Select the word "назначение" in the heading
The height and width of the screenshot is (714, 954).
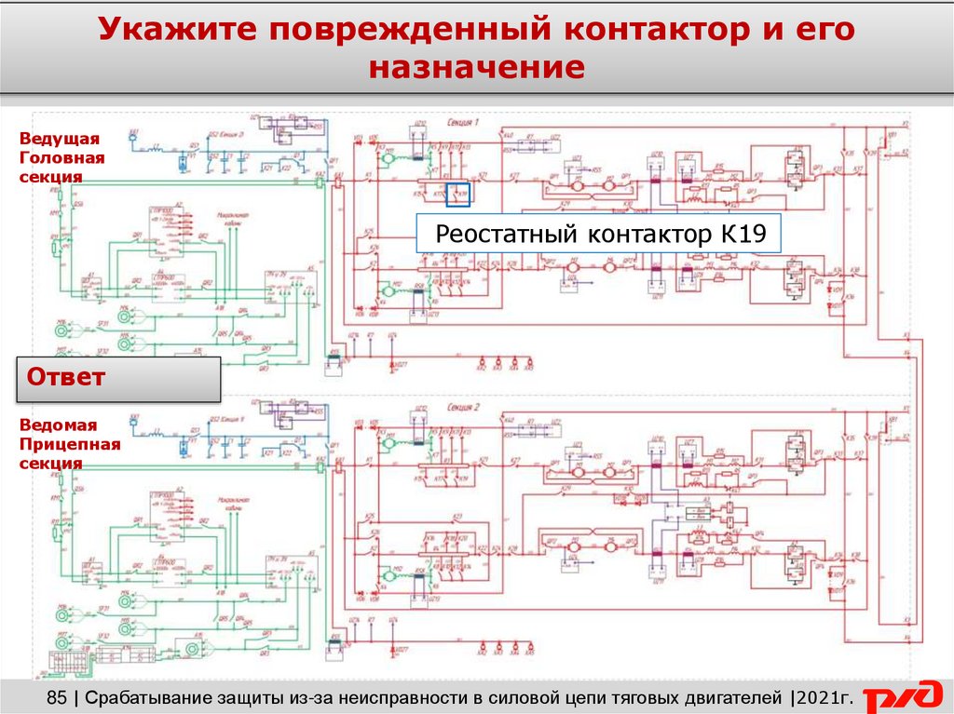(476, 68)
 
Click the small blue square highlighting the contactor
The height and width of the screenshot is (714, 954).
(459, 194)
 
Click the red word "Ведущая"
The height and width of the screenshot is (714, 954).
(59, 139)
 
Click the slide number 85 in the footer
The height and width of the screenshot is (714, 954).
(57, 697)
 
